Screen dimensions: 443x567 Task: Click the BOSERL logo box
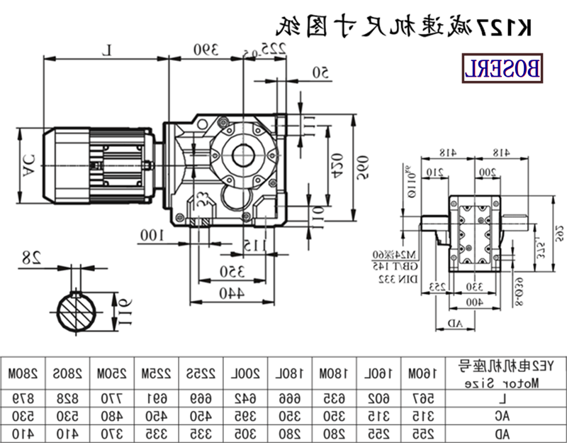click(x=503, y=69)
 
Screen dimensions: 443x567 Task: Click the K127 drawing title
click(x=404, y=26)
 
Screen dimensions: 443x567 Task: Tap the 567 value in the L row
click(x=417, y=398)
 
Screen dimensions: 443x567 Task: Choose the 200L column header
click(x=238, y=372)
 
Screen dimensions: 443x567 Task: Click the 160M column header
click(x=417, y=372)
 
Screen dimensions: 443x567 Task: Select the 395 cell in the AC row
click(x=238, y=413)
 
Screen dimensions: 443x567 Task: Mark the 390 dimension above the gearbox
click(x=205, y=49)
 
